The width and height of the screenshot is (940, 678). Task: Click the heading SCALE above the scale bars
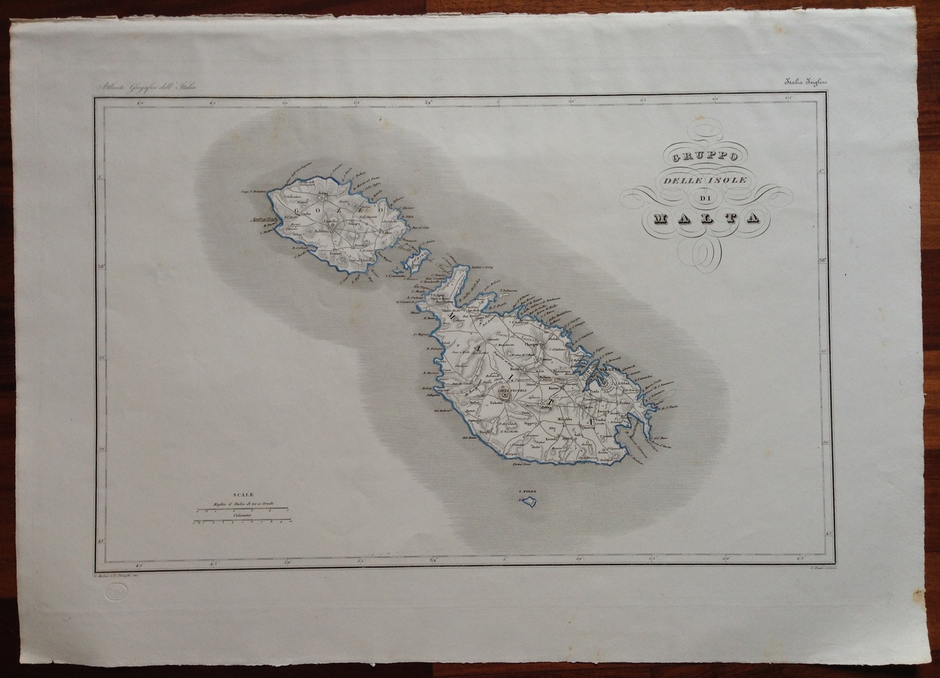click(243, 495)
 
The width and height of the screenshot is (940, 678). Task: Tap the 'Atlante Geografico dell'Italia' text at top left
click(146, 87)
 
